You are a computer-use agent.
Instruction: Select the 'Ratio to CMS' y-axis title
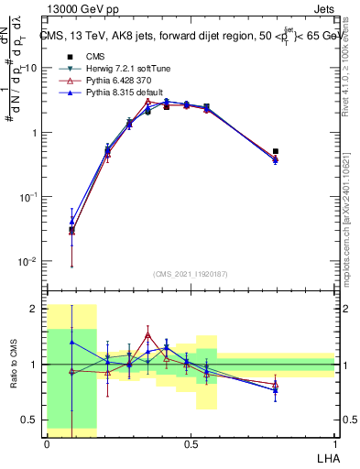coord(13,366)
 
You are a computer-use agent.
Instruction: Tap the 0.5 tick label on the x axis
coord(191,442)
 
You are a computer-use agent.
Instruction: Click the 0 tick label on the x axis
coord(47,442)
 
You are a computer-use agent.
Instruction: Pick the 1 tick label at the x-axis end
coord(334,442)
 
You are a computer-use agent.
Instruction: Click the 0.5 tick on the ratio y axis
coord(30,420)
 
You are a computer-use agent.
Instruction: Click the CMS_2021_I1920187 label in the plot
coord(191,272)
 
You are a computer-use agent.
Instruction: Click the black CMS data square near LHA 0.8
coord(276,151)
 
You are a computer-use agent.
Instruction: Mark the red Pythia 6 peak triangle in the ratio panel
coord(147,335)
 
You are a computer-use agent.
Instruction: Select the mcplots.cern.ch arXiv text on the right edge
coord(352,211)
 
